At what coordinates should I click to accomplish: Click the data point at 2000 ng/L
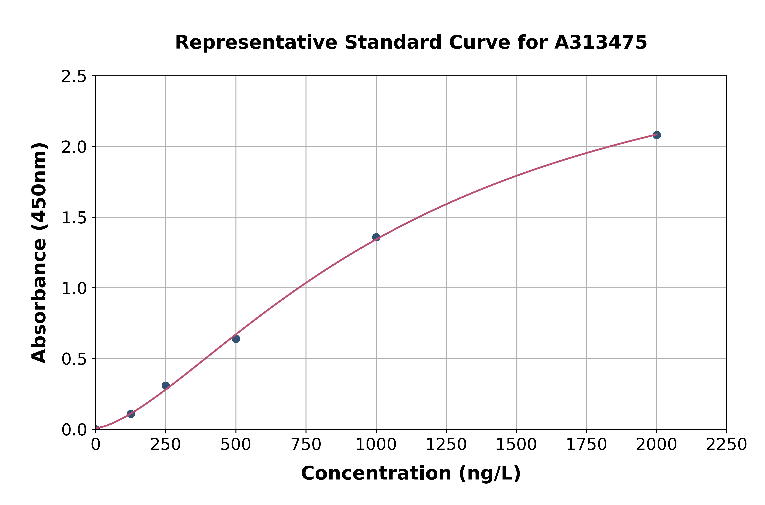[x=657, y=135]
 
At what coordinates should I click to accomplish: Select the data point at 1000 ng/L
[x=376, y=237]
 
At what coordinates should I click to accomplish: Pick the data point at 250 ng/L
[x=166, y=385]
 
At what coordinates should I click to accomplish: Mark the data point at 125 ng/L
[x=131, y=414]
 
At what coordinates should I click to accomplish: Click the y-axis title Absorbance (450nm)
[x=39, y=253]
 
